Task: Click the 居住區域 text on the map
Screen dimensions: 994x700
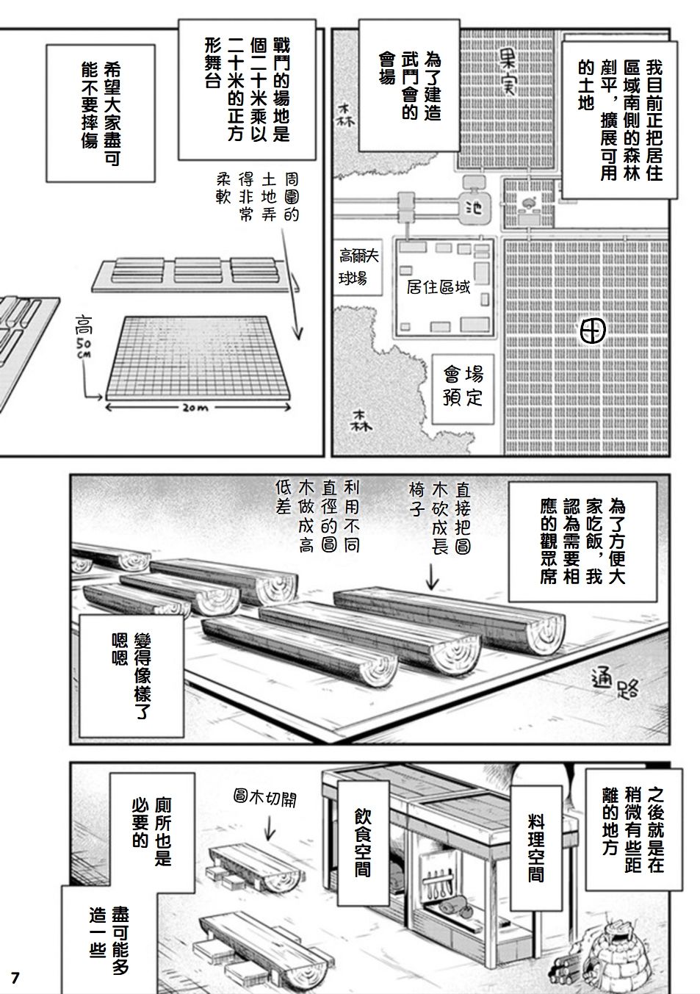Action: click(438, 286)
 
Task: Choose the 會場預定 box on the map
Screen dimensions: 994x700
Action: click(462, 386)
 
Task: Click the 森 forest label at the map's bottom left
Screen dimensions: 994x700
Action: click(361, 422)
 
